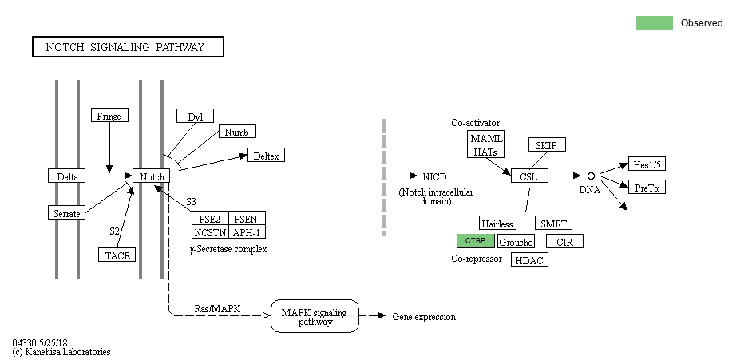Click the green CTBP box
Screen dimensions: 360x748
[476, 241]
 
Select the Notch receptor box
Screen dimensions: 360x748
[152, 176]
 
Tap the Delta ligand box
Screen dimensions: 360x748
[66, 176]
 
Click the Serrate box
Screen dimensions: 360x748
[66, 213]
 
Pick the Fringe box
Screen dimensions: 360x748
[109, 116]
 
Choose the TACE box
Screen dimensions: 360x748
[117, 255]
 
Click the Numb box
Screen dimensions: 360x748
[237, 132]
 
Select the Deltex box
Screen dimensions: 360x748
[266, 156]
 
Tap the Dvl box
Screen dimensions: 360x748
[196, 117]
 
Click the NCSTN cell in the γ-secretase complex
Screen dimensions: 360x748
[210, 232]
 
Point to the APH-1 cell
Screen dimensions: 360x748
[247, 232]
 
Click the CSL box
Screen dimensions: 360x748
[528, 176]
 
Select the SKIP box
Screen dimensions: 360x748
[547, 144]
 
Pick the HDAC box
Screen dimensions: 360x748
[530, 260]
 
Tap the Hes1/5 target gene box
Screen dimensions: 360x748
[647, 164]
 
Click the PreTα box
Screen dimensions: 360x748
[647, 188]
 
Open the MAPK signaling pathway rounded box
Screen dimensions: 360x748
[315, 317]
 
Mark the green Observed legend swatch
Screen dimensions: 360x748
[654, 23]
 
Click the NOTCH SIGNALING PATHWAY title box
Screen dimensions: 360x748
[128, 47]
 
